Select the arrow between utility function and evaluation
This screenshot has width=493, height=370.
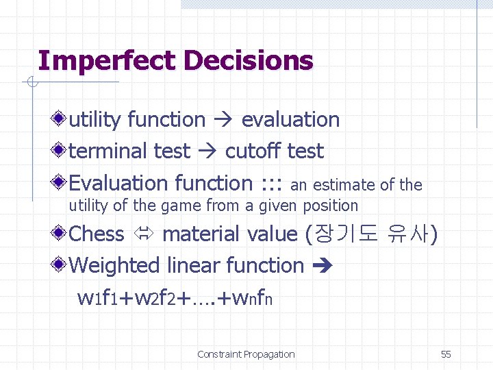point(223,120)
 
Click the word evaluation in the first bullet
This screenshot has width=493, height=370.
point(290,120)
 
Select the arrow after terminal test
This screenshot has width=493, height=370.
point(207,151)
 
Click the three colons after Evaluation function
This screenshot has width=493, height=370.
point(272,184)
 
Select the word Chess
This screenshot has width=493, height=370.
point(97,234)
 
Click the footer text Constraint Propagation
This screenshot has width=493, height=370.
point(246,354)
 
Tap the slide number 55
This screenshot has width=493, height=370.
point(446,354)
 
